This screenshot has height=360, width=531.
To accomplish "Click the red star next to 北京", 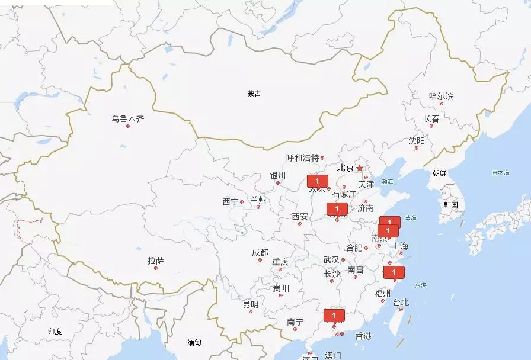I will click(359, 168).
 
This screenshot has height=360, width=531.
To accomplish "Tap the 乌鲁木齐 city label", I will click(127, 119).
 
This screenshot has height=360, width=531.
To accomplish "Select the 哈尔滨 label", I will click(441, 96).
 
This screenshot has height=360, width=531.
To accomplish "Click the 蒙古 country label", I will click(254, 94).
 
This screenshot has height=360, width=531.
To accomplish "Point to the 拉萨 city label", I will click(156, 261).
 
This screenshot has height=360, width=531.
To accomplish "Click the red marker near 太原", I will click(317, 181).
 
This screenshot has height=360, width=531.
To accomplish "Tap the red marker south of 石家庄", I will click(336, 209).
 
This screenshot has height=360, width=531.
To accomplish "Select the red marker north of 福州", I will click(394, 273).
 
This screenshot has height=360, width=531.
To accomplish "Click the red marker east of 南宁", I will click(334, 316).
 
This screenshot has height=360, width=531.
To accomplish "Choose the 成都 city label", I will click(260, 253).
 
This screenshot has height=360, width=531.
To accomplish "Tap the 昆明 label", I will click(250, 304).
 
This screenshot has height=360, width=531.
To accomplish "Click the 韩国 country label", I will click(450, 205).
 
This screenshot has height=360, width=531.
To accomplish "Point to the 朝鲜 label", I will click(440, 173).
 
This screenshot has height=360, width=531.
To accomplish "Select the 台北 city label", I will click(401, 303).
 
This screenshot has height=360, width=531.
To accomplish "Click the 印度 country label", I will click(55, 332).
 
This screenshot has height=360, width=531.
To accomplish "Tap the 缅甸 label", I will click(194, 343).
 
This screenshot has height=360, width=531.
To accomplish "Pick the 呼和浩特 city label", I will click(302, 157).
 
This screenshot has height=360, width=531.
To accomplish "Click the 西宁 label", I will click(231, 202).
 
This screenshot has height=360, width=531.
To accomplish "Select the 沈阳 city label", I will click(417, 141).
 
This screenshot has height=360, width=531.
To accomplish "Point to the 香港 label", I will click(363, 336).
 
